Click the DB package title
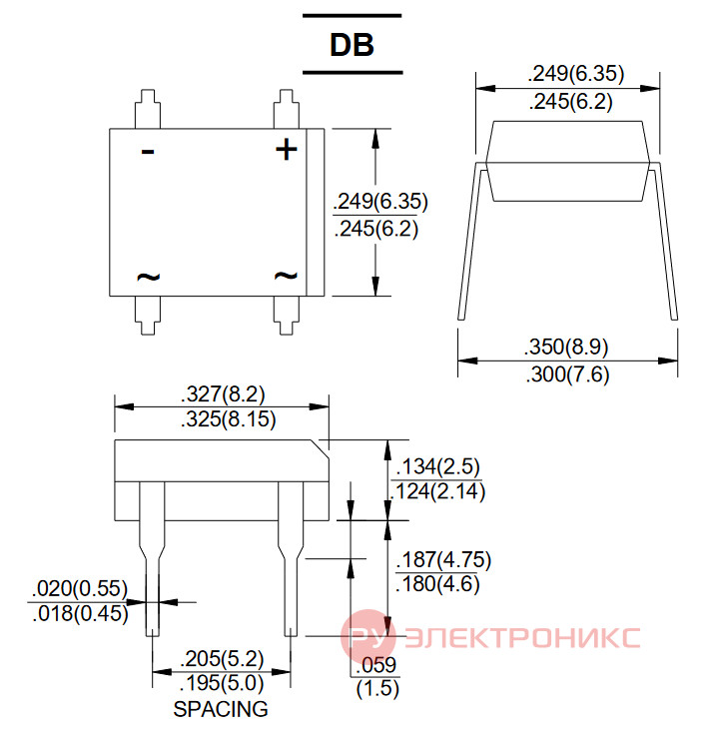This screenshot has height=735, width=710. (352, 45)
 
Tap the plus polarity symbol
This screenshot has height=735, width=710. (286, 150)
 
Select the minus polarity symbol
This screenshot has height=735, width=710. (148, 151)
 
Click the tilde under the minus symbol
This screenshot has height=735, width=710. (148, 277)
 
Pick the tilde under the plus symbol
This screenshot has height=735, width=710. (286, 276)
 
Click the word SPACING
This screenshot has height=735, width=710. (221, 709)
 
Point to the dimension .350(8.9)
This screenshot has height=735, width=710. (566, 347)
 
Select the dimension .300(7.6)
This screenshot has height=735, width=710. (567, 374)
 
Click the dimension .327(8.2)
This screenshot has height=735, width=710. (223, 394)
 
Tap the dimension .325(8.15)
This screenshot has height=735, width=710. (229, 419)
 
